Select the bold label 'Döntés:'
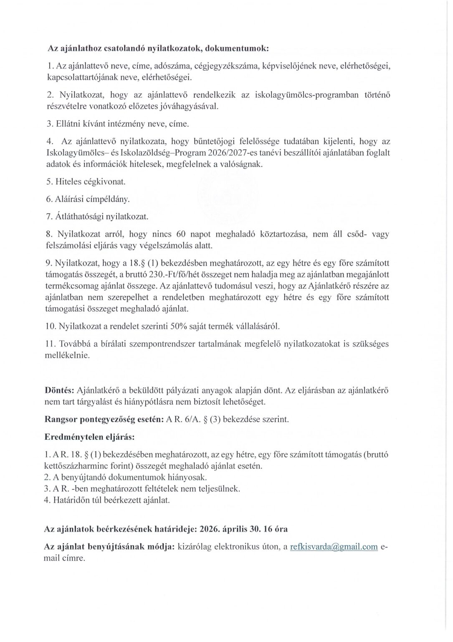pyautogui.click(x=59, y=390)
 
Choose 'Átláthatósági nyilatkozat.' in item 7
pyautogui.click(x=97, y=217)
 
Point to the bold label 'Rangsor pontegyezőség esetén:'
pyautogui.click(x=104, y=419)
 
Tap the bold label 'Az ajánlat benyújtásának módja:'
pyautogui.click(x=109, y=547)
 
